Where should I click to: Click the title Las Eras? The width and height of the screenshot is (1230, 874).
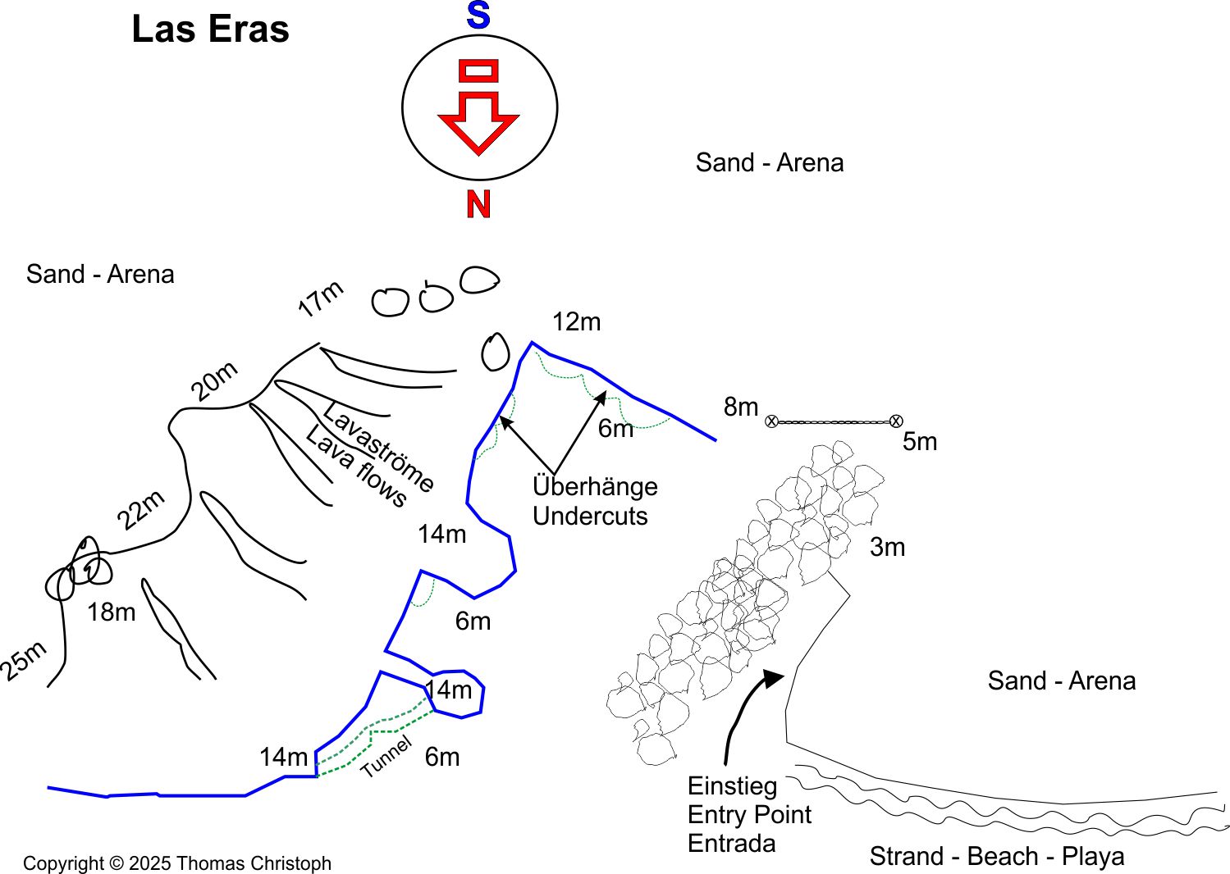point(210,30)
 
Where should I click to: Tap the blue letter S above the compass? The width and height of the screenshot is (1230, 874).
point(478,16)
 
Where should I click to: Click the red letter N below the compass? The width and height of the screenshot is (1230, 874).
point(478,203)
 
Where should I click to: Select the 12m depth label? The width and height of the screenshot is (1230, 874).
point(576,322)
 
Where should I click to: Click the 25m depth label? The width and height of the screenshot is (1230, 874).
point(23,662)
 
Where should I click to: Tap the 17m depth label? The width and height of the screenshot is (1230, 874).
point(320,299)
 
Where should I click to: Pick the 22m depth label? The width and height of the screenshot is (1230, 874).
point(141,510)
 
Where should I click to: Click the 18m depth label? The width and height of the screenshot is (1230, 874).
point(112,612)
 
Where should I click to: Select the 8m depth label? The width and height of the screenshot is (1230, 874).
point(740,407)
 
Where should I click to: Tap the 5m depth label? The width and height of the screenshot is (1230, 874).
point(919,442)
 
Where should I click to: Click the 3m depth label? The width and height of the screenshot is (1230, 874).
point(887,547)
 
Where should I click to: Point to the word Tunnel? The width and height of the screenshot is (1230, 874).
point(386,758)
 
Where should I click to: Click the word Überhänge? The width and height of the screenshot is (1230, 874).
point(595,486)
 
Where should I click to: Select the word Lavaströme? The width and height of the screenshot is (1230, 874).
point(378,447)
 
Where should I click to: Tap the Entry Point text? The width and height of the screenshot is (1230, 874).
point(749,815)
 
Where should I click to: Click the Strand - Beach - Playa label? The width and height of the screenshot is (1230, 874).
point(996,856)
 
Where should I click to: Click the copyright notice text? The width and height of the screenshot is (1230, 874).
point(177,863)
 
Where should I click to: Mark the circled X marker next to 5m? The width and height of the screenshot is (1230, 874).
point(896,421)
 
